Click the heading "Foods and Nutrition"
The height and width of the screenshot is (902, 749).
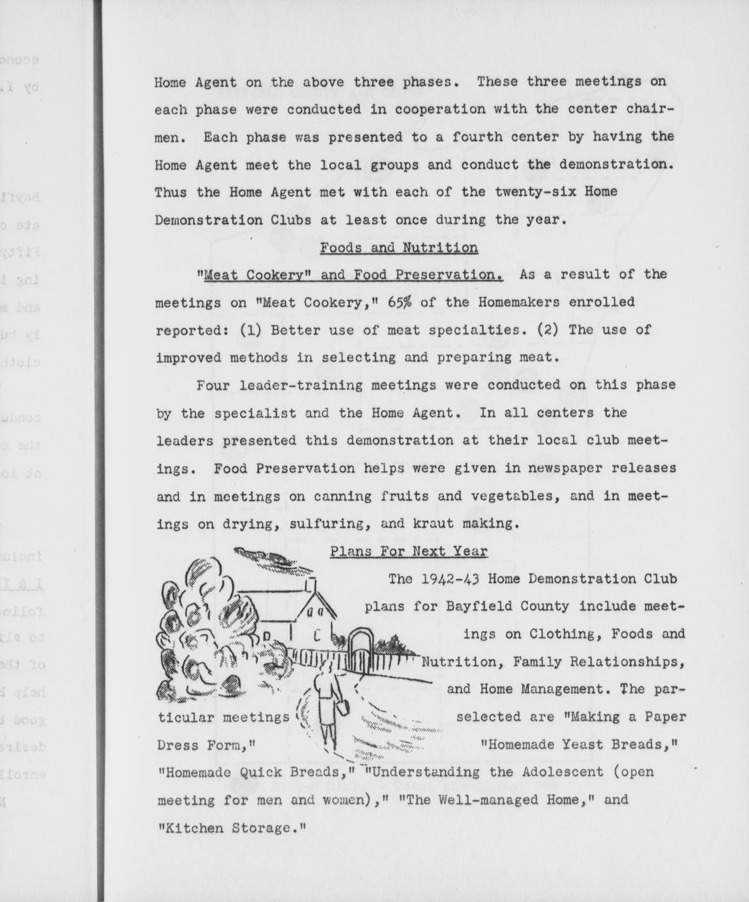coord(398,248)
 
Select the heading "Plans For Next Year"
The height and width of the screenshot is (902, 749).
coord(408,551)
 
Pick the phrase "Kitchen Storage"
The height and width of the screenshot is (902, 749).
coord(232,827)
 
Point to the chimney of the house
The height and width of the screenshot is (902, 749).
coord(311,583)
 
